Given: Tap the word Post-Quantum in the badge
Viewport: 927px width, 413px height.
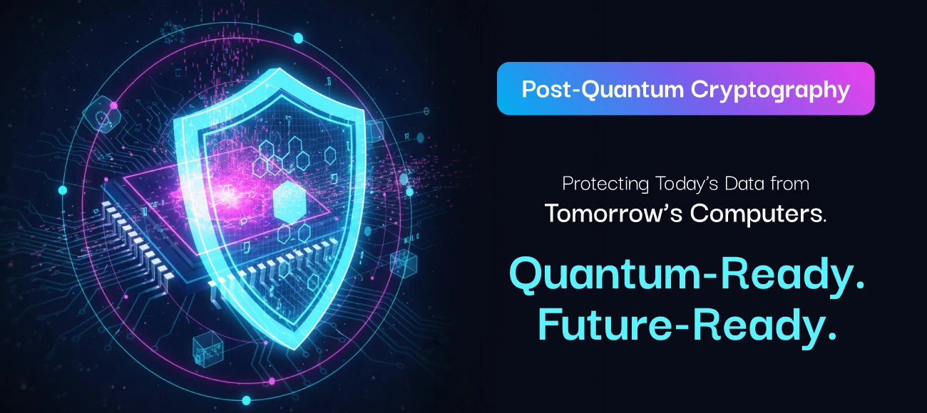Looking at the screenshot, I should click(x=604, y=89).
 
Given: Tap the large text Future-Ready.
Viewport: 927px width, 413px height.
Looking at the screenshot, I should click(x=687, y=327).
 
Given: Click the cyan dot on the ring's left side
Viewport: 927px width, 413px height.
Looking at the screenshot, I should click(x=63, y=190).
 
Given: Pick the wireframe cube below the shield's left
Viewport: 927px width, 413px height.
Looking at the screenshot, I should click(x=205, y=346).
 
